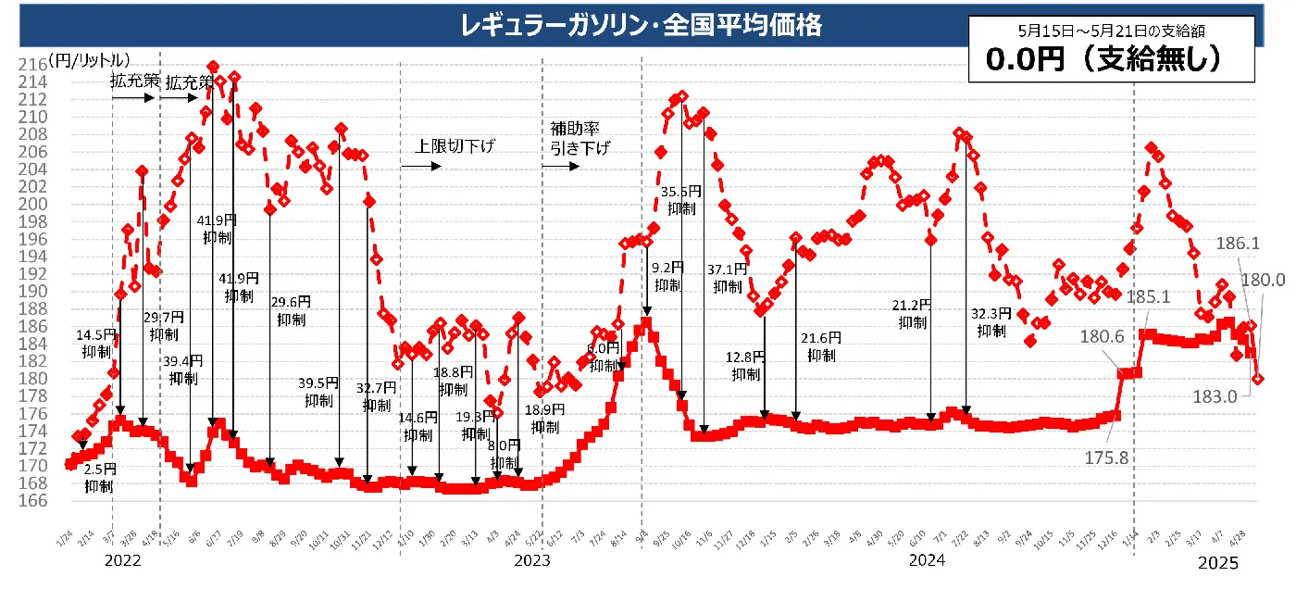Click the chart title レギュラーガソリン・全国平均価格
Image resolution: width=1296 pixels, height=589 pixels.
click(641, 24)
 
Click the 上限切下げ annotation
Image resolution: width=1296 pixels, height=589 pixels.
click(455, 145)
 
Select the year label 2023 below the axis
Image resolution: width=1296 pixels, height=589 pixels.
click(531, 560)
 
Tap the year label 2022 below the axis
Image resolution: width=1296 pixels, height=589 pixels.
click(122, 560)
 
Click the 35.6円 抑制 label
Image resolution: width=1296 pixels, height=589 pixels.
click(680, 200)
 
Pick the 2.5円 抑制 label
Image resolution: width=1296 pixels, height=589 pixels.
click(98, 478)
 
